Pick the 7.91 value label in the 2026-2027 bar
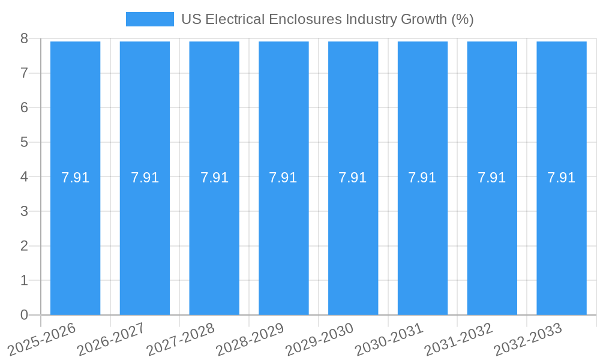pyautogui.click(x=145, y=178)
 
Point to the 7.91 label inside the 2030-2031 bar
pyautogui.click(x=422, y=178)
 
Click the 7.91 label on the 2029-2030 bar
pyautogui.click(x=353, y=178)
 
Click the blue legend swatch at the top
pyautogui.click(x=149, y=19)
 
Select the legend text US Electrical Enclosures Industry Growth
pyautogui.click(x=328, y=19)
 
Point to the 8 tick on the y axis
pyautogui.click(x=24, y=38)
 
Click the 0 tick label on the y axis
pyautogui.click(x=24, y=315)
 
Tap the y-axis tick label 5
pyautogui.click(x=24, y=142)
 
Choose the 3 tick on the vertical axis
pyautogui.click(x=24, y=211)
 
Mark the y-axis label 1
pyautogui.click(x=24, y=280)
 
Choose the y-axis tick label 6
pyautogui.click(x=24, y=107)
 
